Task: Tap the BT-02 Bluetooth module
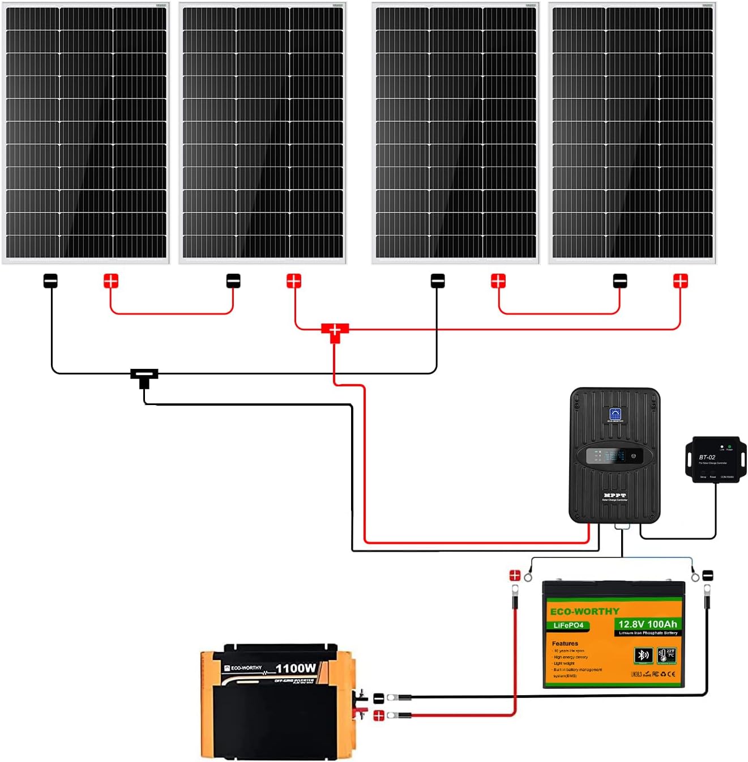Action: coord(715,459)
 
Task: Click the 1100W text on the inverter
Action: coord(296,669)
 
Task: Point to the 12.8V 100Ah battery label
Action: coord(647,624)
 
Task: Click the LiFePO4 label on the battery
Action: coord(569,625)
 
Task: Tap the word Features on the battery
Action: coord(565,644)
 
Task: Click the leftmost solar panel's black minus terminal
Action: coord(51,281)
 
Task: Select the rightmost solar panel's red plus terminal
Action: coord(680,281)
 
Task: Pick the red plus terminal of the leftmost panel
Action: coord(111,281)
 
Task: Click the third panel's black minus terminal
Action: coord(438,281)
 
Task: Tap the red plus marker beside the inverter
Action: coord(379,716)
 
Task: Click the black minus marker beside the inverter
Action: coord(379,699)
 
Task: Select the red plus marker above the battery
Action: coord(515,576)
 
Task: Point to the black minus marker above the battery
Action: coord(708,576)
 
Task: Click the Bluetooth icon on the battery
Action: coord(643,655)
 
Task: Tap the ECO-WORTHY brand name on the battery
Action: coord(584,612)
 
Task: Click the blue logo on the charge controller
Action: coord(615,414)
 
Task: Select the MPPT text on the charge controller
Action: coord(615,495)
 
